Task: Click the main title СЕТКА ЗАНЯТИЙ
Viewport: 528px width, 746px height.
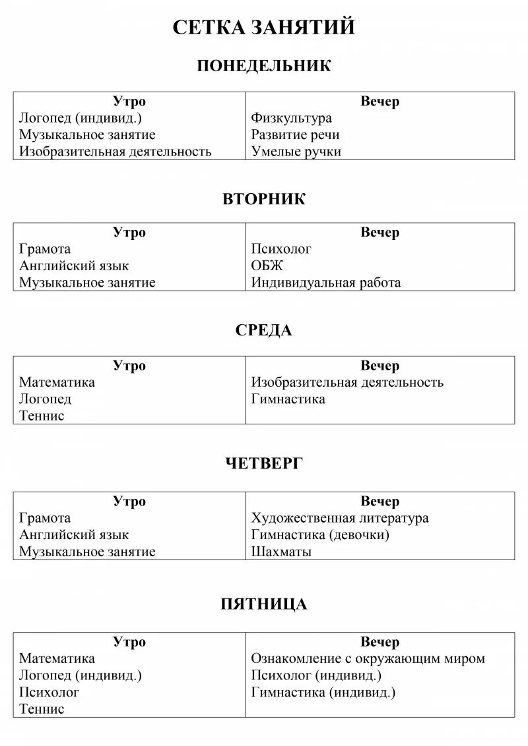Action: point(264,27)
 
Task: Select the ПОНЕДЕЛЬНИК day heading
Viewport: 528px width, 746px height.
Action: point(264,66)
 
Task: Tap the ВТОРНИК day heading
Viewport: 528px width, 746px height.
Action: point(264,199)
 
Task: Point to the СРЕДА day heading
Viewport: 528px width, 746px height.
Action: point(264,330)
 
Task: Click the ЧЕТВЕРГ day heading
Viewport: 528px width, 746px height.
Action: point(264,464)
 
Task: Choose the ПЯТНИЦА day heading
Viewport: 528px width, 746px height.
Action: point(264,604)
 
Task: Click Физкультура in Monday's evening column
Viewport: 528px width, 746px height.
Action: point(291,119)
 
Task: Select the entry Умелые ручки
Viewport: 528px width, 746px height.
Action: point(296,152)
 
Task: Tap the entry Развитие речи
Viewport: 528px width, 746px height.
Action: point(295,135)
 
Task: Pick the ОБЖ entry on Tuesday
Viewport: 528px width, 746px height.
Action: point(267,266)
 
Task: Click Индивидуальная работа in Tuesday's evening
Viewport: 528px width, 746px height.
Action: point(325,283)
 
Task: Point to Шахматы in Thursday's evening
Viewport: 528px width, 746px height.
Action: point(281,552)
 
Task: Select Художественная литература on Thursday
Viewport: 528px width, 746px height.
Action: point(340,518)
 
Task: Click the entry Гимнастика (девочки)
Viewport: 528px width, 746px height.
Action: point(320,534)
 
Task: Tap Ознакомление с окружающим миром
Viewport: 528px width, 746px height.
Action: point(368,658)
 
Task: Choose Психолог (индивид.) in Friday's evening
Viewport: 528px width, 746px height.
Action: point(316,675)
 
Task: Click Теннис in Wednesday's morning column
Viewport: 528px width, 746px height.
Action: point(42,416)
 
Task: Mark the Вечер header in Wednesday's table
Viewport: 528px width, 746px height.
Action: point(379,366)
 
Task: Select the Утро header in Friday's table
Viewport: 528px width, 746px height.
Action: point(129,642)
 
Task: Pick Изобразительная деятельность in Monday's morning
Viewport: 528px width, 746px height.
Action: point(115,152)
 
